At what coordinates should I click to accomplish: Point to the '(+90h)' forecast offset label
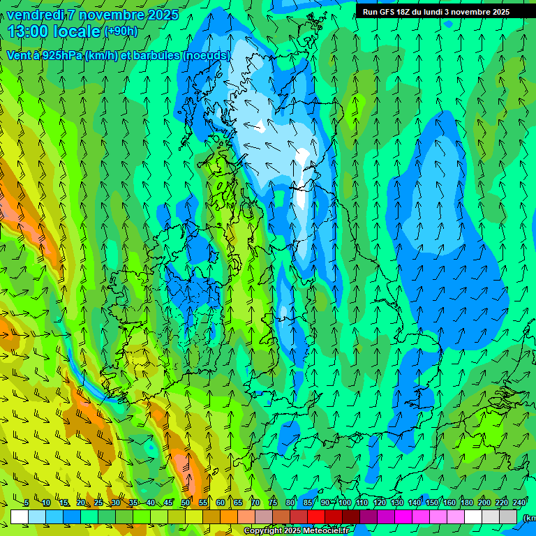[x=121, y=31]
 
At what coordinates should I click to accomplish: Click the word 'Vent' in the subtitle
[x=20, y=55]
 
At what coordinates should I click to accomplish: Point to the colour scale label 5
[x=27, y=502]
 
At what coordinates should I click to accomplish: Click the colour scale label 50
[x=186, y=502]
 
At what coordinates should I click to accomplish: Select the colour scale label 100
[x=345, y=502]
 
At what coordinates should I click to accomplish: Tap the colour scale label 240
[x=519, y=502]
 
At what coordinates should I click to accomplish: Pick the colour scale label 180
[x=467, y=502]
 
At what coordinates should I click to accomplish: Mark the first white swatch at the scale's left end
[x=20, y=516]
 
